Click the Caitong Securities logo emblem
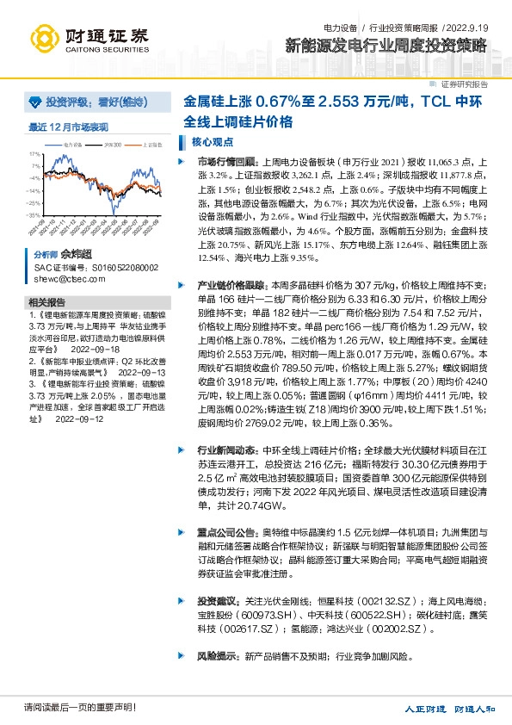click(45, 38)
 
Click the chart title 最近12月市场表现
click(69, 127)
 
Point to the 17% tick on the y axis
click(34, 154)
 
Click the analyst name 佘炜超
click(75, 256)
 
